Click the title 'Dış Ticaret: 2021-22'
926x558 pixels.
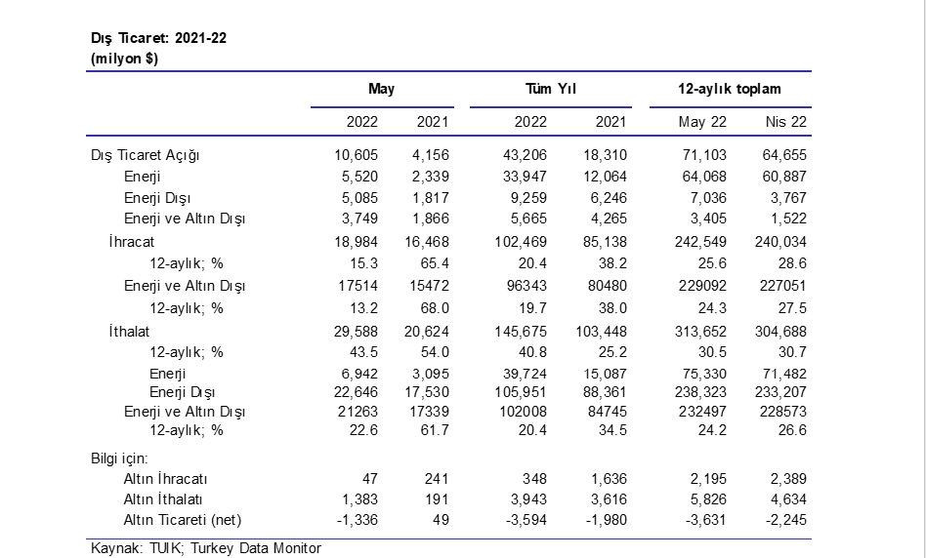click(159, 38)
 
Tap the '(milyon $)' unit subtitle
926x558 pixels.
click(125, 59)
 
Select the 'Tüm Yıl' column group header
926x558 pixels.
click(551, 89)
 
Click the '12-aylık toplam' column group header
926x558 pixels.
click(730, 89)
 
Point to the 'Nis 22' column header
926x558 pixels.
click(786, 122)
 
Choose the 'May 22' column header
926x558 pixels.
click(702, 122)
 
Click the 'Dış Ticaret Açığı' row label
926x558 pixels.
click(146, 156)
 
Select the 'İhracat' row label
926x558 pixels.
click(132, 242)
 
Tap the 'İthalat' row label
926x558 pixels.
click(129, 332)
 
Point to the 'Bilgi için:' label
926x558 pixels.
click(119, 458)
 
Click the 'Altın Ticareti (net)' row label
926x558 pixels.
click(183, 520)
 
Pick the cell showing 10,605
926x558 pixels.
click(357, 155)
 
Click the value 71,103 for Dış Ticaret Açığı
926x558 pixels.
click(704, 155)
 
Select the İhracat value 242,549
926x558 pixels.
click(701, 242)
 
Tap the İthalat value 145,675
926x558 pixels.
click(521, 332)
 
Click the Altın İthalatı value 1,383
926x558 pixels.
click(360, 499)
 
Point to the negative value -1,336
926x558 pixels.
click(358, 520)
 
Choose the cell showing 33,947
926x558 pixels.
click(525, 177)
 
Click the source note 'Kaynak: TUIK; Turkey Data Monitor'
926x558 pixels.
click(206, 548)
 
